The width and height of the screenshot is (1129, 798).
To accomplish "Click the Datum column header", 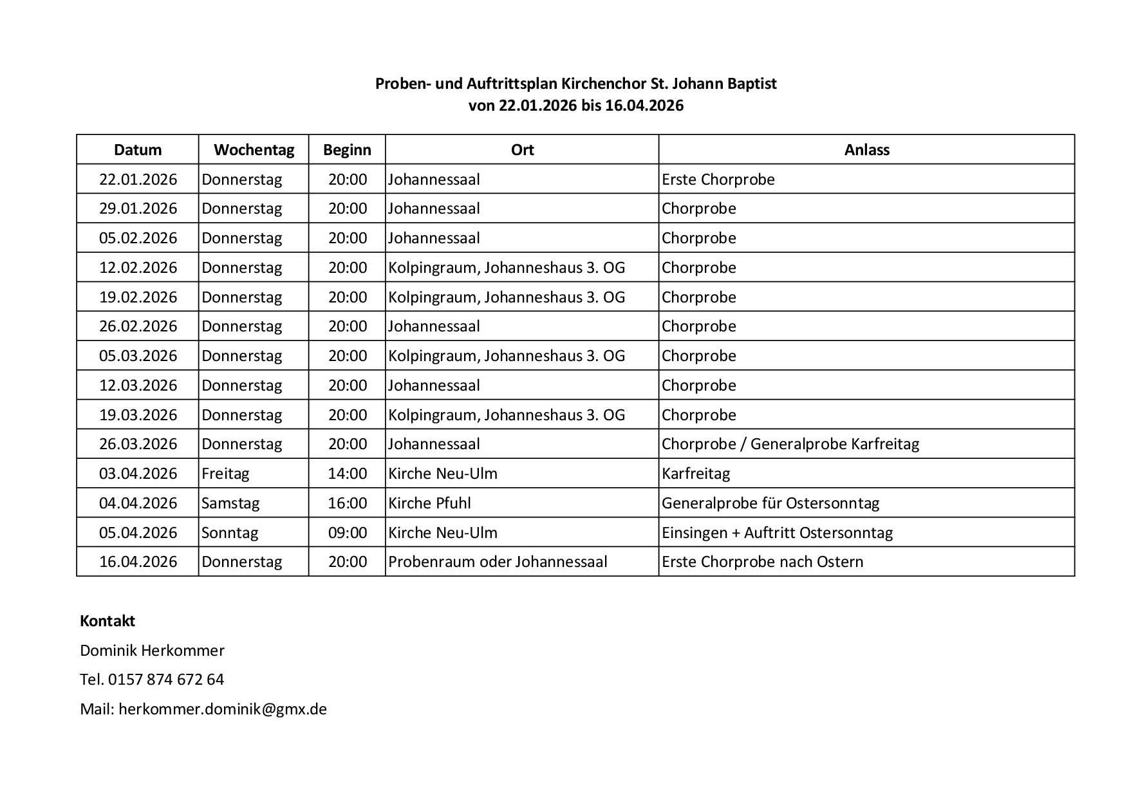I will (138, 150).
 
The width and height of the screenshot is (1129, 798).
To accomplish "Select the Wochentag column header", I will (254, 150).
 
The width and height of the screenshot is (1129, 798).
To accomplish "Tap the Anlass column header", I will (866, 150).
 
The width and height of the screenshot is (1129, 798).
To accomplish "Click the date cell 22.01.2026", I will (138, 179).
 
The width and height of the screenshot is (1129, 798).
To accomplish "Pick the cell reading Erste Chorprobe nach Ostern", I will (762, 562).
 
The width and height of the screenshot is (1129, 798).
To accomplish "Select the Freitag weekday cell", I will (225, 474).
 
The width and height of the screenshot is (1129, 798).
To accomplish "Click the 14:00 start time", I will (348, 474).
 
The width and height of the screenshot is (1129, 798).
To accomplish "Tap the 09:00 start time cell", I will (348, 533).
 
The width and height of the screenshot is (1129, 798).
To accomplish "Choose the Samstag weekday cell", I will (230, 503).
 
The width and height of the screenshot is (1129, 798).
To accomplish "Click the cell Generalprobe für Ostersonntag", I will (770, 503).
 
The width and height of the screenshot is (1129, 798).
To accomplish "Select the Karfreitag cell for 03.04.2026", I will (696, 474).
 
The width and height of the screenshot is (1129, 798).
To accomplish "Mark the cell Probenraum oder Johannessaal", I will (498, 562).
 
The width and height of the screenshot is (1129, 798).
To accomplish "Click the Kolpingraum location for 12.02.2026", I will (507, 268).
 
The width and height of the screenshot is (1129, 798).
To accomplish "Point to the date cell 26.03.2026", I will (138, 444).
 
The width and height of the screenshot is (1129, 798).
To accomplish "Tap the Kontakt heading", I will (107, 621).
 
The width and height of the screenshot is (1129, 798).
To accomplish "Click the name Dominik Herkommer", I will (152, 651).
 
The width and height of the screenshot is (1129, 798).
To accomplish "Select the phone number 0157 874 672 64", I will (166, 680).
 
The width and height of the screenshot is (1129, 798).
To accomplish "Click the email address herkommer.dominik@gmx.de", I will (223, 709).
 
